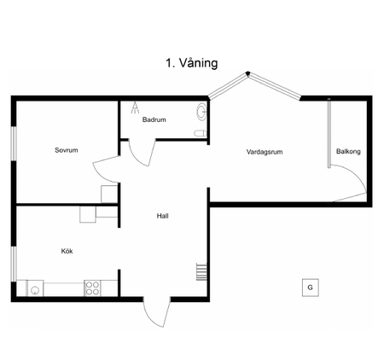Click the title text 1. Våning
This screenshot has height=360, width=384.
coord(192,63)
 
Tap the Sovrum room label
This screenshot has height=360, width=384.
coord(66,150)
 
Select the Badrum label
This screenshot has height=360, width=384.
coord(154,120)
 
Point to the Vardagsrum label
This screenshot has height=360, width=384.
coord(264,152)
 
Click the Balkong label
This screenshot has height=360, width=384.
coord(348,152)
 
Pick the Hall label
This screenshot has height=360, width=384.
coord(162,216)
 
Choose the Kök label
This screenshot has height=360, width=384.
coord(67,252)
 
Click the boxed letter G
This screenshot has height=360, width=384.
coord(311,287)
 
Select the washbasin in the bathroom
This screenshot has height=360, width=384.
coord(201,111)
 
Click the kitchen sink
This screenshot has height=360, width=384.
coord(35,288)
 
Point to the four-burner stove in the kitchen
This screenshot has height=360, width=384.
coord(92,287)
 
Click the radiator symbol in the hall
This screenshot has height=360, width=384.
coord(201,271)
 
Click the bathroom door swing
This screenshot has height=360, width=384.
coord(142,151)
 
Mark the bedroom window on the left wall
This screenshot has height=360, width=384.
coord(13,142)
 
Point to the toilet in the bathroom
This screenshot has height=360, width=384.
coord(199,135)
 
